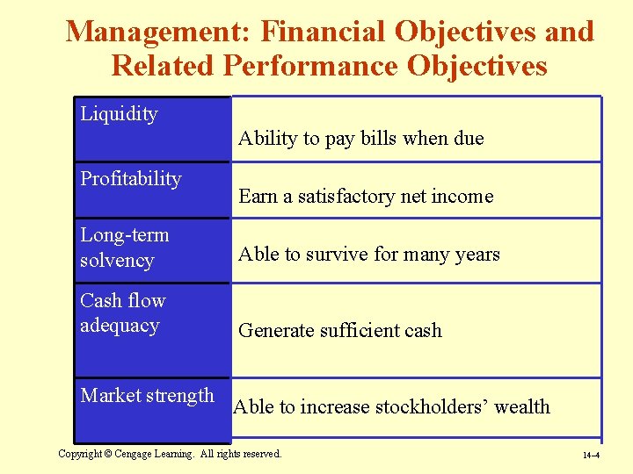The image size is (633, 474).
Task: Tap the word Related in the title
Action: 164,67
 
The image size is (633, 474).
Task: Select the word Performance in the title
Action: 314,67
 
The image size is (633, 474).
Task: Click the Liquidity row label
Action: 119,114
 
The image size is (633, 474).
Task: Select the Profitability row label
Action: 130,179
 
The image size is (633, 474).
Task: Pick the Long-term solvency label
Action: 124,248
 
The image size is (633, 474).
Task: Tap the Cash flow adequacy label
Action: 122,313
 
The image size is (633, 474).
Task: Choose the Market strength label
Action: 147,396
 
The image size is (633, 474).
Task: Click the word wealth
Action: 522,407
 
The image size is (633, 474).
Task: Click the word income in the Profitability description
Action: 462,197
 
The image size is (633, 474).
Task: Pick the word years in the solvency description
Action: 478,255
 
